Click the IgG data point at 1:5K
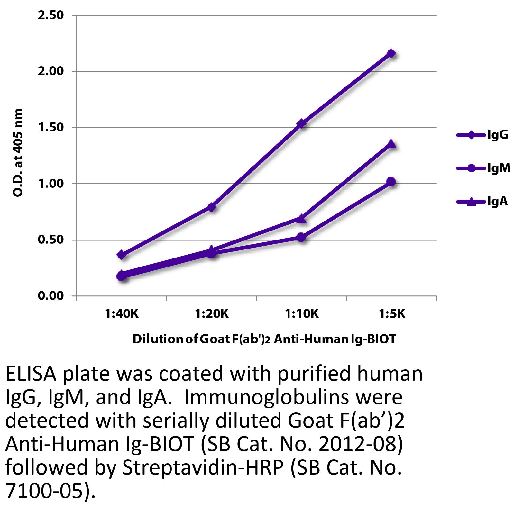tap(391, 53)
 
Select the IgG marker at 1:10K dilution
tap(301, 123)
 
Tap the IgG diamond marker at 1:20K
tap(211, 207)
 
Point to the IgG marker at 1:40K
tap(121, 255)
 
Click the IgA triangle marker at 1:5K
tap(391, 143)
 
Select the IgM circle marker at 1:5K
tap(391, 182)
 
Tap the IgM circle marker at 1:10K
tap(301, 238)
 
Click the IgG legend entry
tap(482, 135)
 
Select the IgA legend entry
tap(482, 202)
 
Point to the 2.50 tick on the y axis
tap(51, 15)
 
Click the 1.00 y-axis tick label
tap(51, 184)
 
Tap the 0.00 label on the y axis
tap(51, 296)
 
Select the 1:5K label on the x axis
tap(391, 314)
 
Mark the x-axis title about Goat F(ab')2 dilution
tap(264, 339)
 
